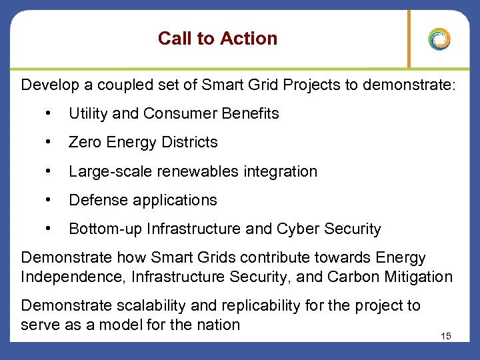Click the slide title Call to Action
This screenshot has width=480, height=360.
click(217, 39)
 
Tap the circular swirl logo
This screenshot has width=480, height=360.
click(439, 39)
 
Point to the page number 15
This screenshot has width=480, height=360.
click(446, 336)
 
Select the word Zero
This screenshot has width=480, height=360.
click(85, 142)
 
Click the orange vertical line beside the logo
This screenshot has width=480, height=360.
click(409, 39)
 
